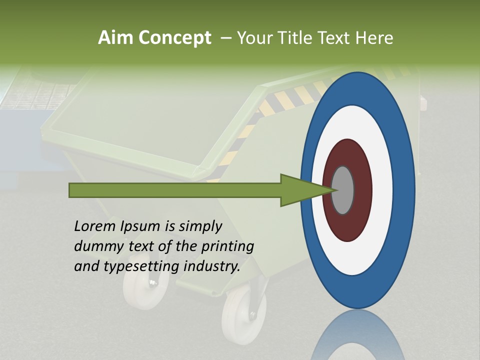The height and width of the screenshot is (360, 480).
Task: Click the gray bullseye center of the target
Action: tap(343, 190)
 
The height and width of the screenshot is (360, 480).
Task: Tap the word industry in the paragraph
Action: tap(211, 266)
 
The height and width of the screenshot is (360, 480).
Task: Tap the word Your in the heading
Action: tap(254, 38)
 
